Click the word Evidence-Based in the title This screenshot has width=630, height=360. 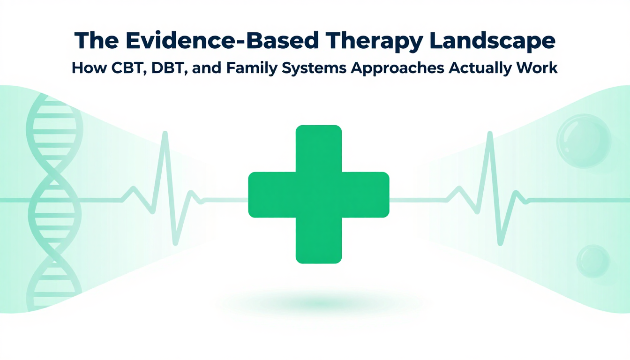[222, 41]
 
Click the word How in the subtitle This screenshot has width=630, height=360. [89, 68]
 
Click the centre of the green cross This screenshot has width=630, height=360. [319, 195]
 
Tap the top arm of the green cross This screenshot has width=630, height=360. [319, 149]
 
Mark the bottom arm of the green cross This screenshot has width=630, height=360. [319, 240]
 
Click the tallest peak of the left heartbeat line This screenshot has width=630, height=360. [165, 132]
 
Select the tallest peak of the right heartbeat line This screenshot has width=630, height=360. [490, 132]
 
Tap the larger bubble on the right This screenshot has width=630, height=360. [584, 141]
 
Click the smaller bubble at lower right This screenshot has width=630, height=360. [593, 261]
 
